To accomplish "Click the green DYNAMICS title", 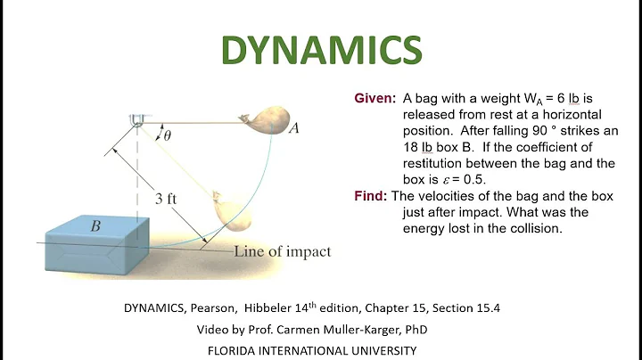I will click(x=321, y=52).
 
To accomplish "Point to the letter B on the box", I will click(x=95, y=225).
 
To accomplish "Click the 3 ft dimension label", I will click(x=164, y=200).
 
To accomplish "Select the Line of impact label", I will click(x=282, y=251).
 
